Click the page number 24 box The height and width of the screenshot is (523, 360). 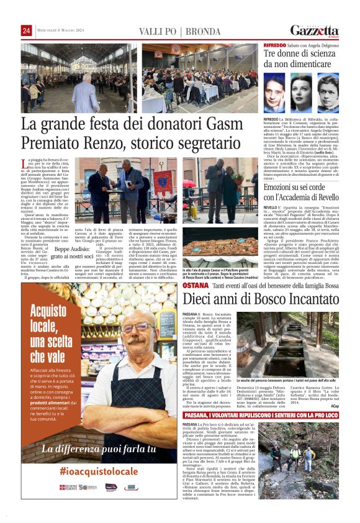tap(26, 31)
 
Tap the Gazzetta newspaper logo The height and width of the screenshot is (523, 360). tap(315, 30)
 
